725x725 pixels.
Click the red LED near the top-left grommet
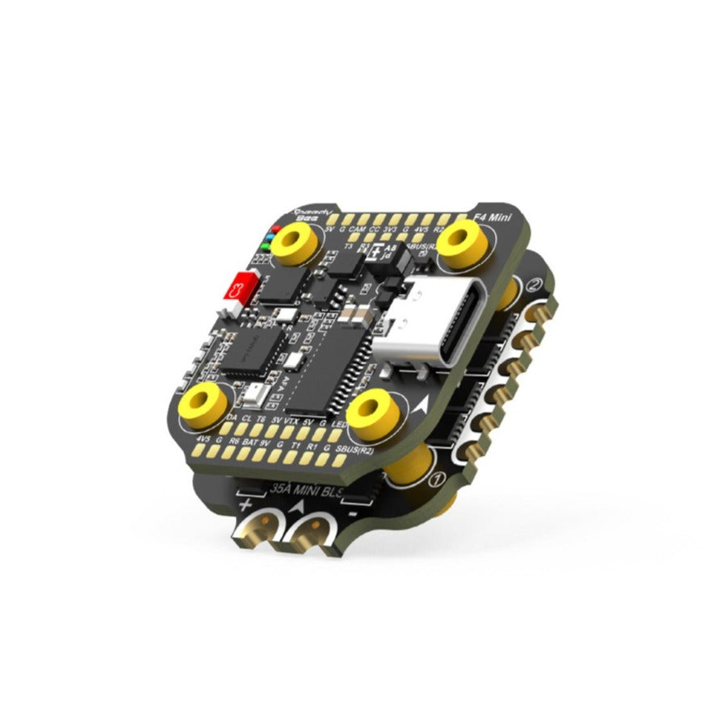[x=274, y=228]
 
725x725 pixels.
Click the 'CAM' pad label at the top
[x=358, y=230]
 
